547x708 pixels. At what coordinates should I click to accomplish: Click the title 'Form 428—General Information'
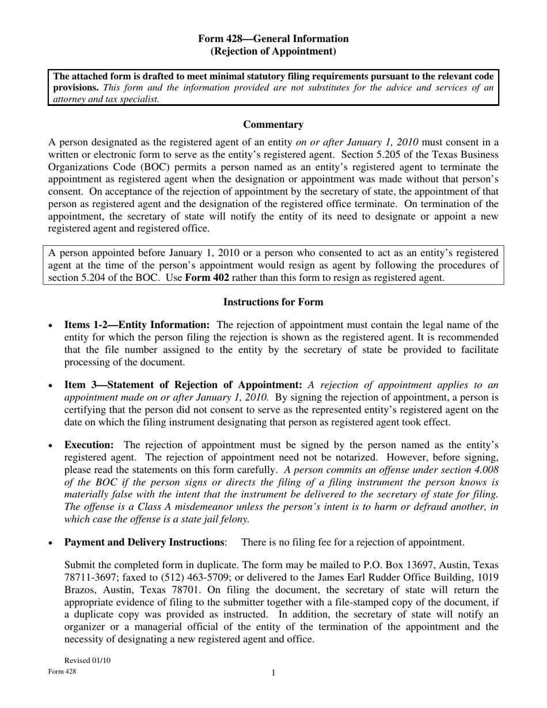click(x=273, y=39)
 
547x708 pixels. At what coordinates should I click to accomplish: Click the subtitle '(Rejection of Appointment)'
click(x=273, y=51)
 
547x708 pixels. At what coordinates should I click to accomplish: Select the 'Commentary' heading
click(x=273, y=124)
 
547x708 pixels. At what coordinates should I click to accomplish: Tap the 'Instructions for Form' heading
click(x=273, y=302)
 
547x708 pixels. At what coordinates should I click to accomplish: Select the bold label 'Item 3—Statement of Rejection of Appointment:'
click(x=183, y=385)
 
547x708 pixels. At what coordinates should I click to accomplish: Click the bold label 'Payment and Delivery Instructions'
click(x=145, y=542)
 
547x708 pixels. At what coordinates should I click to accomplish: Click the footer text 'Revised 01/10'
click(x=87, y=660)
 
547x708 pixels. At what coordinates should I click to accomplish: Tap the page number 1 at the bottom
click(x=273, y=673)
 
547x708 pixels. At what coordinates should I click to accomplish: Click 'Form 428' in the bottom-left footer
click(x=62, y=672)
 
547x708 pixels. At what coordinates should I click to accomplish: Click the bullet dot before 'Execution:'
click(x=51, y=446)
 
